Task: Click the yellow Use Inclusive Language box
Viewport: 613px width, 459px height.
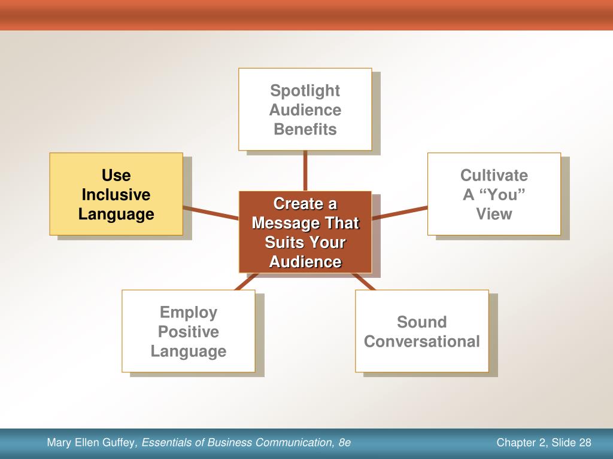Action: [x=116, y=194]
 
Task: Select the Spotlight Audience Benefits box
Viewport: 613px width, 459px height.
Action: [x=305, y=109]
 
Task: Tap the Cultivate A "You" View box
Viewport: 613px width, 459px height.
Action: [x=494, y=194]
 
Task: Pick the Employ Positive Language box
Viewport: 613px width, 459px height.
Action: [x=189, y=331]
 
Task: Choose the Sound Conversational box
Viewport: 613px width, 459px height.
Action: [x=422, y=331]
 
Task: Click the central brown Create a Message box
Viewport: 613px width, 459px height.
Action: [x=305, y=232]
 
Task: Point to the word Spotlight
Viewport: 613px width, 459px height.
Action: [x=305, y=91]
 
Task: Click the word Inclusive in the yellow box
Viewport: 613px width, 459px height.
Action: [x=116, y=195]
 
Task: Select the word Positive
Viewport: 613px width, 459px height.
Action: [x=189, y=332]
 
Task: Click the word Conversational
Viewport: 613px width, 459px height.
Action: [x=422, y=341]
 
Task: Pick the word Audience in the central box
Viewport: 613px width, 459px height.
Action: [x=305, y=262]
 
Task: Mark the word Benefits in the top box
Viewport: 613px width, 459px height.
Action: [x=305, y=129]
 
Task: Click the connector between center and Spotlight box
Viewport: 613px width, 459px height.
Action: [x=305, y=170]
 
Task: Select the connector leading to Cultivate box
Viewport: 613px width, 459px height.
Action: [x=400, y=213]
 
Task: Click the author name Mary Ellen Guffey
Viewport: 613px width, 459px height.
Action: [x=92, y=443]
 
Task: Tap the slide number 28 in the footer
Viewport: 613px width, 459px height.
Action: [x=585, y=443]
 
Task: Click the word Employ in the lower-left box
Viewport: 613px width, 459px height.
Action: [x=189, y=312]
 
